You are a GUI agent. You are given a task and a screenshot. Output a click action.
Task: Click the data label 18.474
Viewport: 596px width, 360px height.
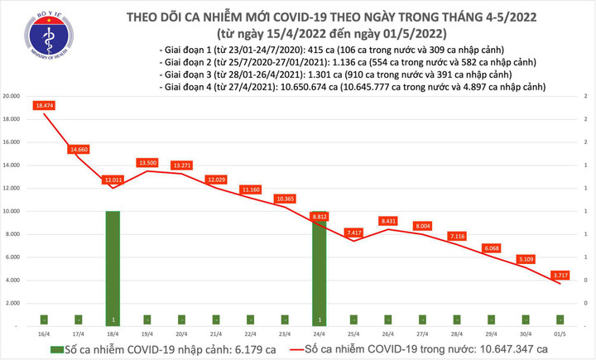coord(45,105)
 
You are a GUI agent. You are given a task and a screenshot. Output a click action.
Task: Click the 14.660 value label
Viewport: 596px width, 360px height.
coord(79,149)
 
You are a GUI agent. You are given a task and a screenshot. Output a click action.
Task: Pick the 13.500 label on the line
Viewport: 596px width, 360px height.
coord(147,163)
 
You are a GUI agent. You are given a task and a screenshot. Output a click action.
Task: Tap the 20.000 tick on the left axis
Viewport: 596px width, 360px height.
coord(12,97)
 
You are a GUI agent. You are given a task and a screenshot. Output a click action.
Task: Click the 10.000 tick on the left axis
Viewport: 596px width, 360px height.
coord(12,212)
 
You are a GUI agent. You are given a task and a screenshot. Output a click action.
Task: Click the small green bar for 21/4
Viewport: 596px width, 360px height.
coord(216,319)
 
